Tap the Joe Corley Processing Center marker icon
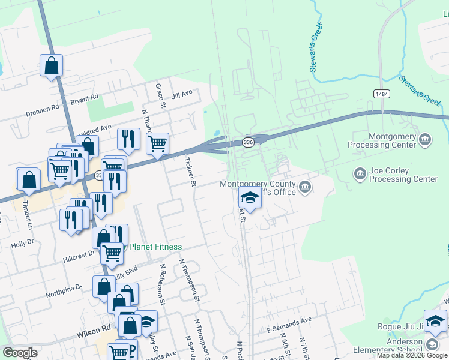click(360, 175)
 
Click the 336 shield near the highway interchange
click(248, 142)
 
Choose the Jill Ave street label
click(182, 94)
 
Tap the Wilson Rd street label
click(94, 329)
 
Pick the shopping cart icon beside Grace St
click(157, 144)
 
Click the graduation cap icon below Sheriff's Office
click(249, 197)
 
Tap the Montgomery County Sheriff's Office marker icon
click(305, 188)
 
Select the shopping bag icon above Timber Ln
click(29, 179)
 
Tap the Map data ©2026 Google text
click(412, 355)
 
